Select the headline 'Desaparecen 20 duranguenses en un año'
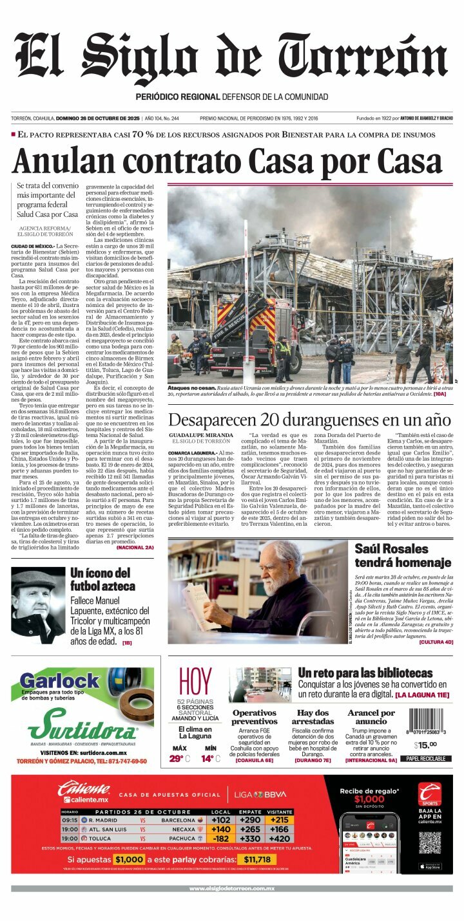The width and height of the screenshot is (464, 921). tap(309, 420)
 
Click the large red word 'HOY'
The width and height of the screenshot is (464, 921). tap(195, 683)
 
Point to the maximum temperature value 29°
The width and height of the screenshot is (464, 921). tap(177, 758)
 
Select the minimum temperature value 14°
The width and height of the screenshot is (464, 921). tap(208, 758)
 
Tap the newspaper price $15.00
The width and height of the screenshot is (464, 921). tap(425, 745)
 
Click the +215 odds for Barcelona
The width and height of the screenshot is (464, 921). tap(279, 820)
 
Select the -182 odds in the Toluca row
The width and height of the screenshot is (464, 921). tap(221, 839)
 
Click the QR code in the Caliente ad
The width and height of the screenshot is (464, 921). tap(429, 842)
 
